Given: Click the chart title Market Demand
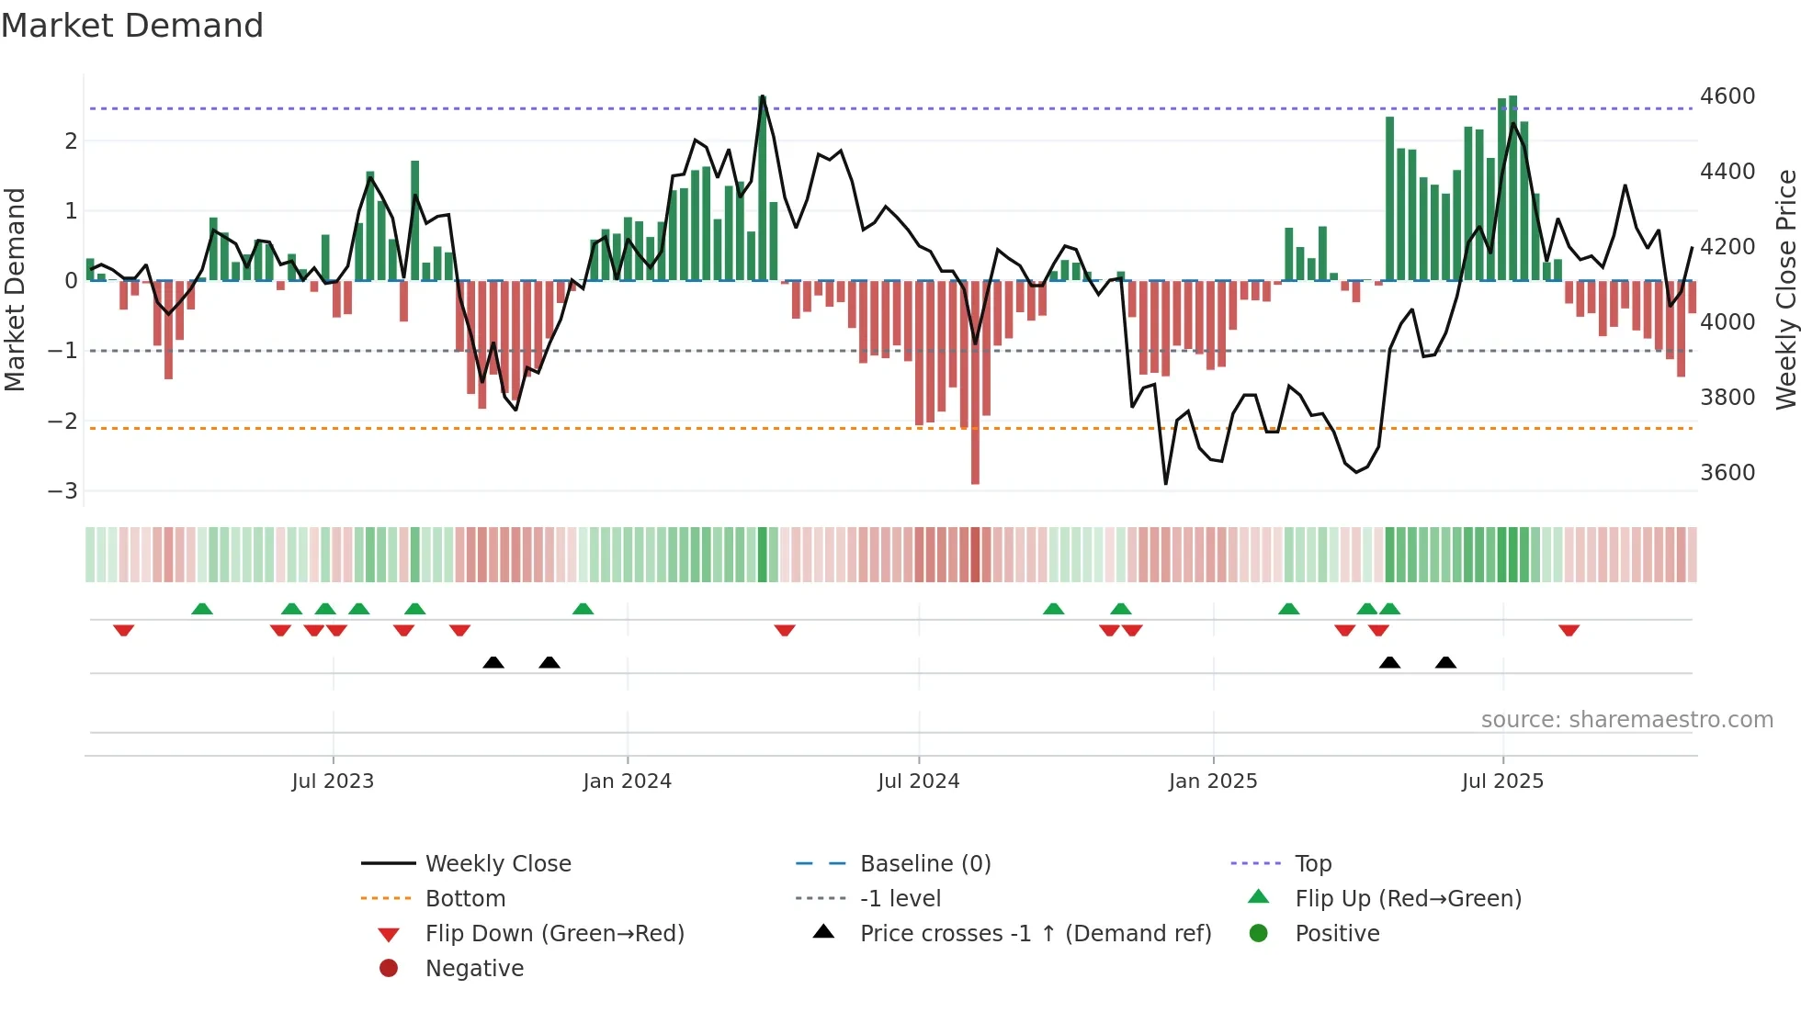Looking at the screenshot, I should pos(132,26).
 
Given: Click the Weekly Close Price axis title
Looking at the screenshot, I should pos(1785,289).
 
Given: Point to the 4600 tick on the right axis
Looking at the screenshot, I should pos(1727,96).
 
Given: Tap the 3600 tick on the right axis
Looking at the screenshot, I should pos(1727,473).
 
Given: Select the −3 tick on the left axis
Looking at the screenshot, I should pos(62,490).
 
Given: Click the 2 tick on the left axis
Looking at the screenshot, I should pos(71,141).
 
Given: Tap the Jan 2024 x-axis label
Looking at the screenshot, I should pos(627,781).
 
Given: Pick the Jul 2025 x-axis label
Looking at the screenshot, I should pos(1502,781).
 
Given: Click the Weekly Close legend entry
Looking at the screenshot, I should pos(497,864).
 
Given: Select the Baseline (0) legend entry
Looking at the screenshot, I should pos(924,864).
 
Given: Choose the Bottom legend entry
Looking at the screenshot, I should pos(465,899).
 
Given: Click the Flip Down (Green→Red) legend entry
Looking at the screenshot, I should pos(554,934).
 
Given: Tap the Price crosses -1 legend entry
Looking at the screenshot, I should pos(1035,934).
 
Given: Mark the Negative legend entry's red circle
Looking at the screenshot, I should pos(389,968).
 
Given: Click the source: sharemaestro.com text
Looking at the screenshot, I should pos(1626,720).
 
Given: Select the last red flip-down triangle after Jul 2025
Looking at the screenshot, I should pos(1569,630).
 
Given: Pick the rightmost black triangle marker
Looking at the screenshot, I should pos(1445,662).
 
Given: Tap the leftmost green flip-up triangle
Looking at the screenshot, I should pos(202,608).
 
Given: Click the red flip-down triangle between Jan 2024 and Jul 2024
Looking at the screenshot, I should pos(784,630).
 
